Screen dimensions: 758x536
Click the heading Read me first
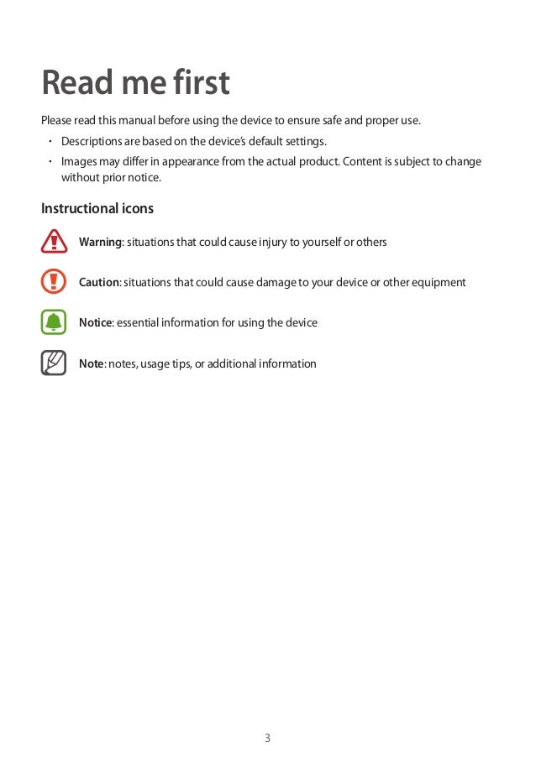tap(135, 83)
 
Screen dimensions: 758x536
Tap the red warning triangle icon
tap(54, 242)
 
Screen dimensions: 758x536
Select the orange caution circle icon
tap(54, 282)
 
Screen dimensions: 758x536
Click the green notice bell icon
tap(54, 322)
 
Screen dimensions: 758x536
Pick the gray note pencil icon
tap(54, 363)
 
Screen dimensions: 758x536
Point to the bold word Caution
tap(99, 283)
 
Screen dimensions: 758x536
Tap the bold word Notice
tap(95, 323)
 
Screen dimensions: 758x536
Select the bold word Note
tap(91, 364)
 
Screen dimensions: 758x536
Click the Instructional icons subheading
tap(97, 207)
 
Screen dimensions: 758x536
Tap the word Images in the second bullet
tap(78, 161)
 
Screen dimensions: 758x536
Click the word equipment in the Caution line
tap(437, 283)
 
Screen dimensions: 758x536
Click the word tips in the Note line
tap(178, 364)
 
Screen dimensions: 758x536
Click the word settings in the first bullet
tap(304, 140)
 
